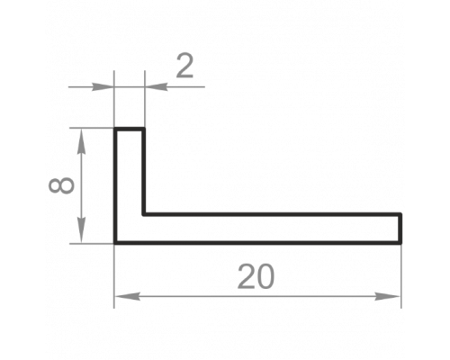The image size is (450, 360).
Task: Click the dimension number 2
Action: click(184, 66)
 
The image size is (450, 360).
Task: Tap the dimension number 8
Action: click(61, 185)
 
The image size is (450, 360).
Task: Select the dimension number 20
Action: click(256, 276)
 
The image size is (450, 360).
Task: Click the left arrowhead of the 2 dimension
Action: click(103, 87)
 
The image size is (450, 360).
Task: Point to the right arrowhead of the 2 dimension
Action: click(156, 87)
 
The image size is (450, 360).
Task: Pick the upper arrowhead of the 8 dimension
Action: click(81, 141)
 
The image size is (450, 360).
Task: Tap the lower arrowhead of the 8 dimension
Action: click(81, 230)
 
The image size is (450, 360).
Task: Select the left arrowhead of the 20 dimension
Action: click(127, 297)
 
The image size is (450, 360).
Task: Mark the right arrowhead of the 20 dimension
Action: click(388, 297)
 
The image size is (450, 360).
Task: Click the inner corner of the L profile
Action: click(144, 214)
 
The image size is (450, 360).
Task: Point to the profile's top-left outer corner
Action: click(115, 129)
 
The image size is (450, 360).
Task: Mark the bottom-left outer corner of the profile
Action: click(115, 243)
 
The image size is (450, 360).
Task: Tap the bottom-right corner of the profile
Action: click(400, 243)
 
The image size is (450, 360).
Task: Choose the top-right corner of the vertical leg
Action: click(144, 129)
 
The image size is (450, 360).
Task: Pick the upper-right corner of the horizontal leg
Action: click(400, 214)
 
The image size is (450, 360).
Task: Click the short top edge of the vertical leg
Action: click(130, 129)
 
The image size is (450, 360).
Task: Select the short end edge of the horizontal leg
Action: click(400, 229)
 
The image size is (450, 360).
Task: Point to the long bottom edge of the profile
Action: click(257, 243)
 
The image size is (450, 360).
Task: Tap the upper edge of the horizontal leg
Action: click(272, 214)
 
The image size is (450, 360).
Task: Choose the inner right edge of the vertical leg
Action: click(144, 172)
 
